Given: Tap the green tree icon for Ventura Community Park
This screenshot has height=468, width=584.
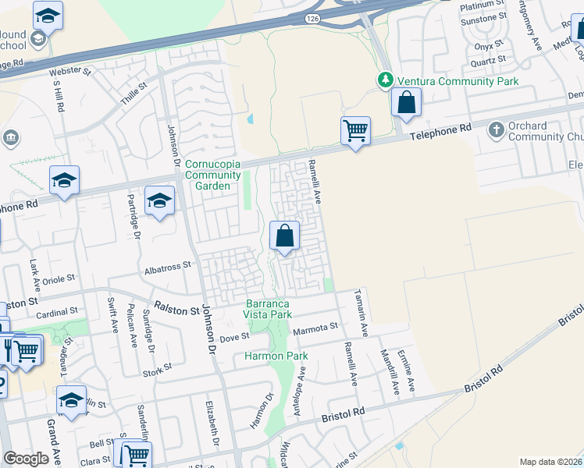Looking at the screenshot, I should [385, 80].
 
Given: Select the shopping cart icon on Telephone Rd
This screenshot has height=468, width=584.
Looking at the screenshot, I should [355, 130].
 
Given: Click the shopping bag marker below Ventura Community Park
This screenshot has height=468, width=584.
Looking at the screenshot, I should [407, 102].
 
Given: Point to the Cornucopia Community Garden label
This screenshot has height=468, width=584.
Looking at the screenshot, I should [212, 175].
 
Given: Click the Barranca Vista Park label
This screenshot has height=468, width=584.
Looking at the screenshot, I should [269, 309].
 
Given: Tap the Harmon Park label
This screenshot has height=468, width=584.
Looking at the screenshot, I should [276, 356].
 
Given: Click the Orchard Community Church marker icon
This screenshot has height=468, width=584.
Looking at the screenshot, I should [496, 129].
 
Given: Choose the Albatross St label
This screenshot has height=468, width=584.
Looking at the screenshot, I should [168, 266].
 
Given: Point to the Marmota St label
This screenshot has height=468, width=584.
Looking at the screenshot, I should [315, 328].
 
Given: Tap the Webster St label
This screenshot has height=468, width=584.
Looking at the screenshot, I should [70, 72].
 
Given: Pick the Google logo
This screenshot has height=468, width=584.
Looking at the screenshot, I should [26, 459].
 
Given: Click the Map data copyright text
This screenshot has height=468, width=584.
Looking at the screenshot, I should [550, 462].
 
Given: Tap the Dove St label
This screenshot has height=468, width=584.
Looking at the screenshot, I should [233, 337].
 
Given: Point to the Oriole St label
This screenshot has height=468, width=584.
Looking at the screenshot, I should [59, 278].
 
